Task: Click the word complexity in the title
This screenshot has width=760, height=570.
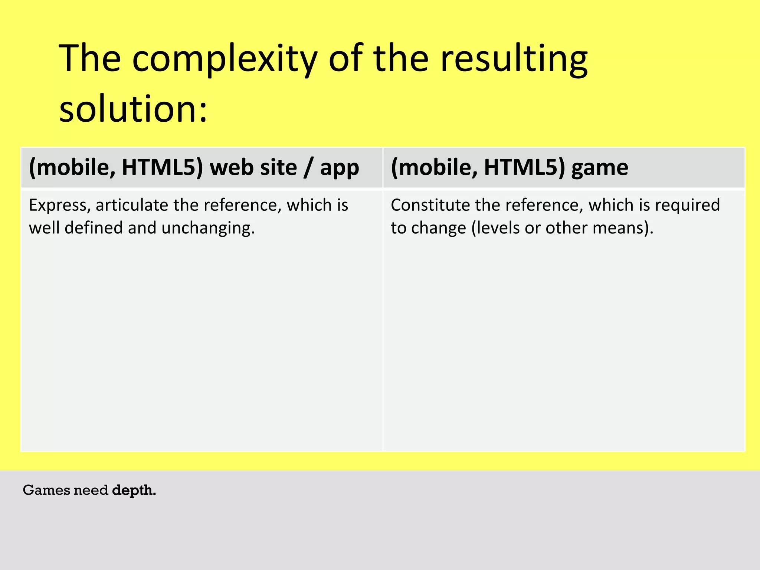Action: click(225, 59)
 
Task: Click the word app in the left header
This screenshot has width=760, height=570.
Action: click(340, 168)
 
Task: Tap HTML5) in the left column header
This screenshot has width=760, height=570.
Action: click(163, 167)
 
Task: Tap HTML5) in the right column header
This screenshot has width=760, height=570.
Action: click(524, 167)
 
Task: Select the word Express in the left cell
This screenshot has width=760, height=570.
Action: click(60, 206)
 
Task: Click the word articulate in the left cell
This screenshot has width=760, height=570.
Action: click(131, 205)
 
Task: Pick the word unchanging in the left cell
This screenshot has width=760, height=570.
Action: click(208, 228)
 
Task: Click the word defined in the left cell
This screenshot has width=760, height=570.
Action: click(93, 227)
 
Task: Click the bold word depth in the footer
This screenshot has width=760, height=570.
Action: click(134, 491)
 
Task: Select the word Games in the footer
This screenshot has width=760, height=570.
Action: click(47, 490)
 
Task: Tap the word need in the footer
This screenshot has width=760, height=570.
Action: click(91, 490)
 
